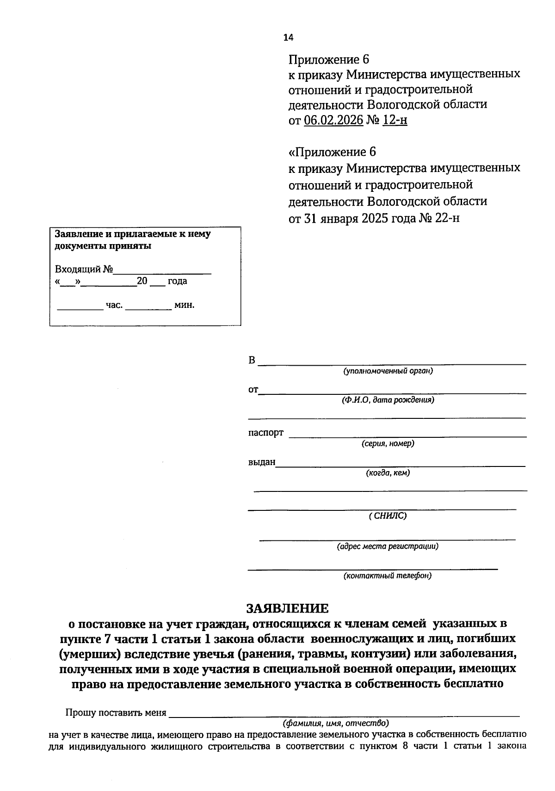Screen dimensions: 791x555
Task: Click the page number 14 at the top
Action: click(288, 37)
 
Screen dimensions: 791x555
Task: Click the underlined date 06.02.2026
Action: click(333, 121)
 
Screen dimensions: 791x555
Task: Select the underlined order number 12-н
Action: click(395, 121)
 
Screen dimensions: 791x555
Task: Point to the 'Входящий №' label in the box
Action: click(84, 270)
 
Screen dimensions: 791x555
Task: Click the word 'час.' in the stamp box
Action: click(114, 305)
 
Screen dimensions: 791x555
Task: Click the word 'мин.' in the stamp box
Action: click(184, 305)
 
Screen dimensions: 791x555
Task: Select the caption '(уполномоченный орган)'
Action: click(388, 371)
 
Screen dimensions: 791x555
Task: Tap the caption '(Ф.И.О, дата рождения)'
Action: click(388, 400)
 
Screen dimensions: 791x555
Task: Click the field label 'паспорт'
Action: click(266, 433)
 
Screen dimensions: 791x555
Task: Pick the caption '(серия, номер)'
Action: click(388, 443)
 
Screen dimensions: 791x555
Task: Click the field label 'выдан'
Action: click(262, 462)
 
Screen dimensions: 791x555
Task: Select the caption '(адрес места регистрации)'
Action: click(388, 546)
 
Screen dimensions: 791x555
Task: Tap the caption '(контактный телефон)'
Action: click(388, 576)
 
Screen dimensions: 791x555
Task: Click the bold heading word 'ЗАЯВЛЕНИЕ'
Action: click(287, 608)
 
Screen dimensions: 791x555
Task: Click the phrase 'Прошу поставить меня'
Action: click(116, 712)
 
